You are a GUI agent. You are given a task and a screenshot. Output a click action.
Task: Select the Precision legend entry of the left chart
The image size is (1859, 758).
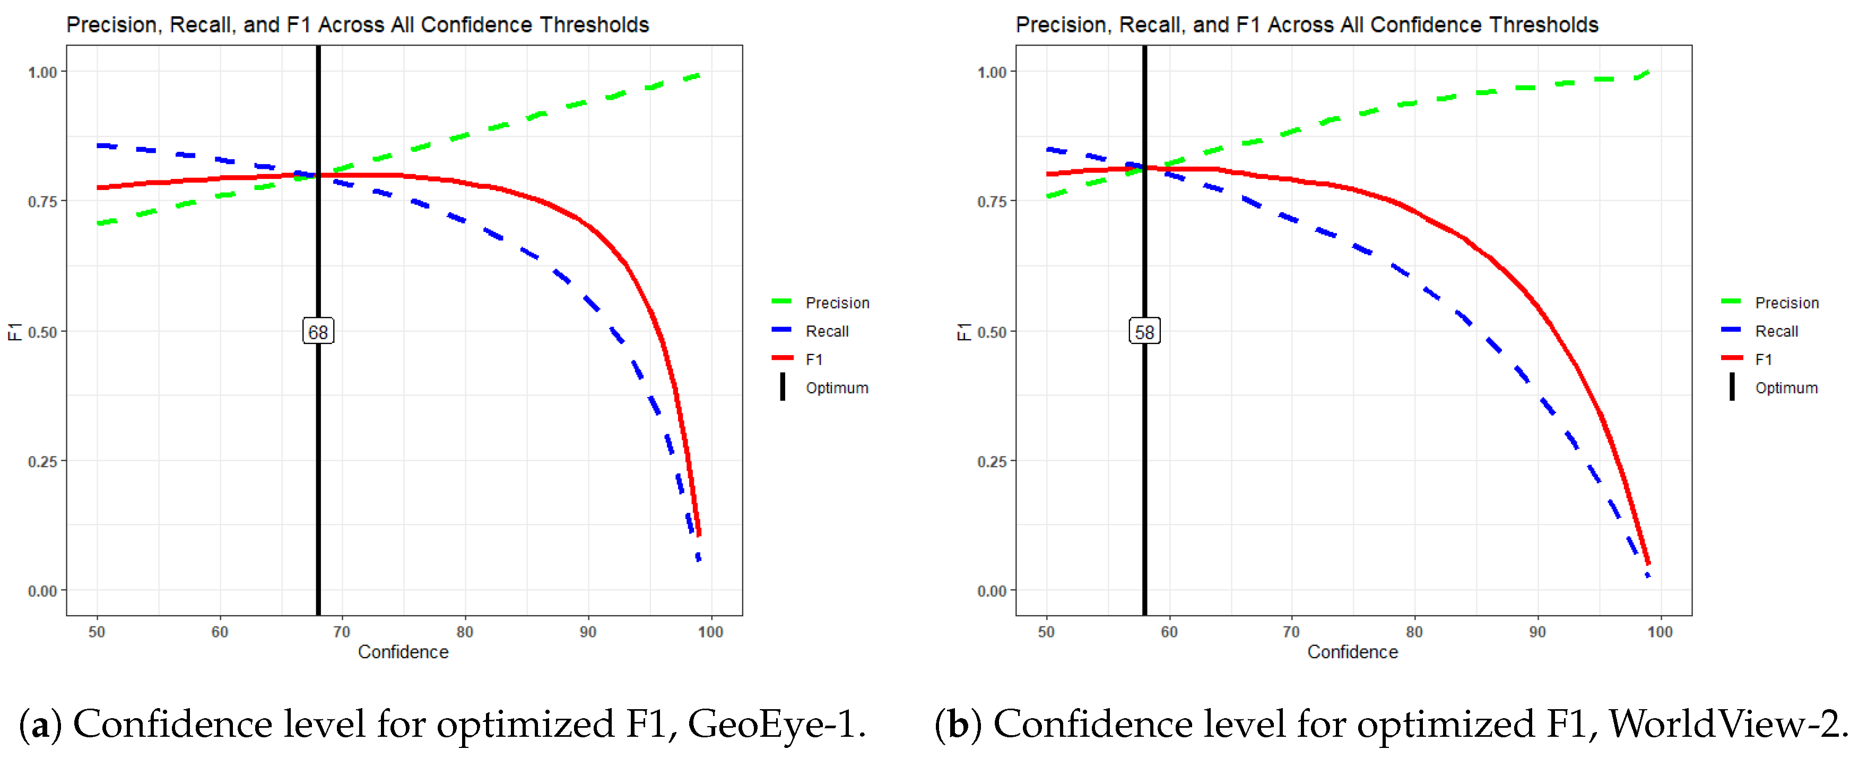[x=837, y=303]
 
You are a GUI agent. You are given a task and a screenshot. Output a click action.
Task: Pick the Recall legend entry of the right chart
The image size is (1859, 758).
[x=1776, y=331]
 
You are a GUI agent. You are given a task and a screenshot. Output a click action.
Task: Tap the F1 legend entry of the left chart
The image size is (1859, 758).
[x=813, y=359]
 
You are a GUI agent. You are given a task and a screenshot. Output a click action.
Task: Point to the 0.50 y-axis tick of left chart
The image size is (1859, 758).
[x=42, y=332]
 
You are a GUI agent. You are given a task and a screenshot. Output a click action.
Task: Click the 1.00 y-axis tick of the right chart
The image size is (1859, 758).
[x=992, y=72]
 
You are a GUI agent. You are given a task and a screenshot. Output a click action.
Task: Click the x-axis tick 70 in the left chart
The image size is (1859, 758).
[x=342, y=632]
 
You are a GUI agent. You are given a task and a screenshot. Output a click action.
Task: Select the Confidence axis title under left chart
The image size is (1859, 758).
[x=403, y=652]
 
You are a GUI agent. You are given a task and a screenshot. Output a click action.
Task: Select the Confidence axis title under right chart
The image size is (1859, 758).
[x=1352, y=652]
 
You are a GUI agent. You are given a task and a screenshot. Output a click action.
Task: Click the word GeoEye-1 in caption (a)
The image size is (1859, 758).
[x=775, y=724]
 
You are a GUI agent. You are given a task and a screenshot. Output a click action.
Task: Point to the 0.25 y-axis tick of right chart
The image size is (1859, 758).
[x=992, y=461]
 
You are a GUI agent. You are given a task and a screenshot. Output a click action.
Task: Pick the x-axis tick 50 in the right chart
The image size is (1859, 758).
[x=1046, y=632]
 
